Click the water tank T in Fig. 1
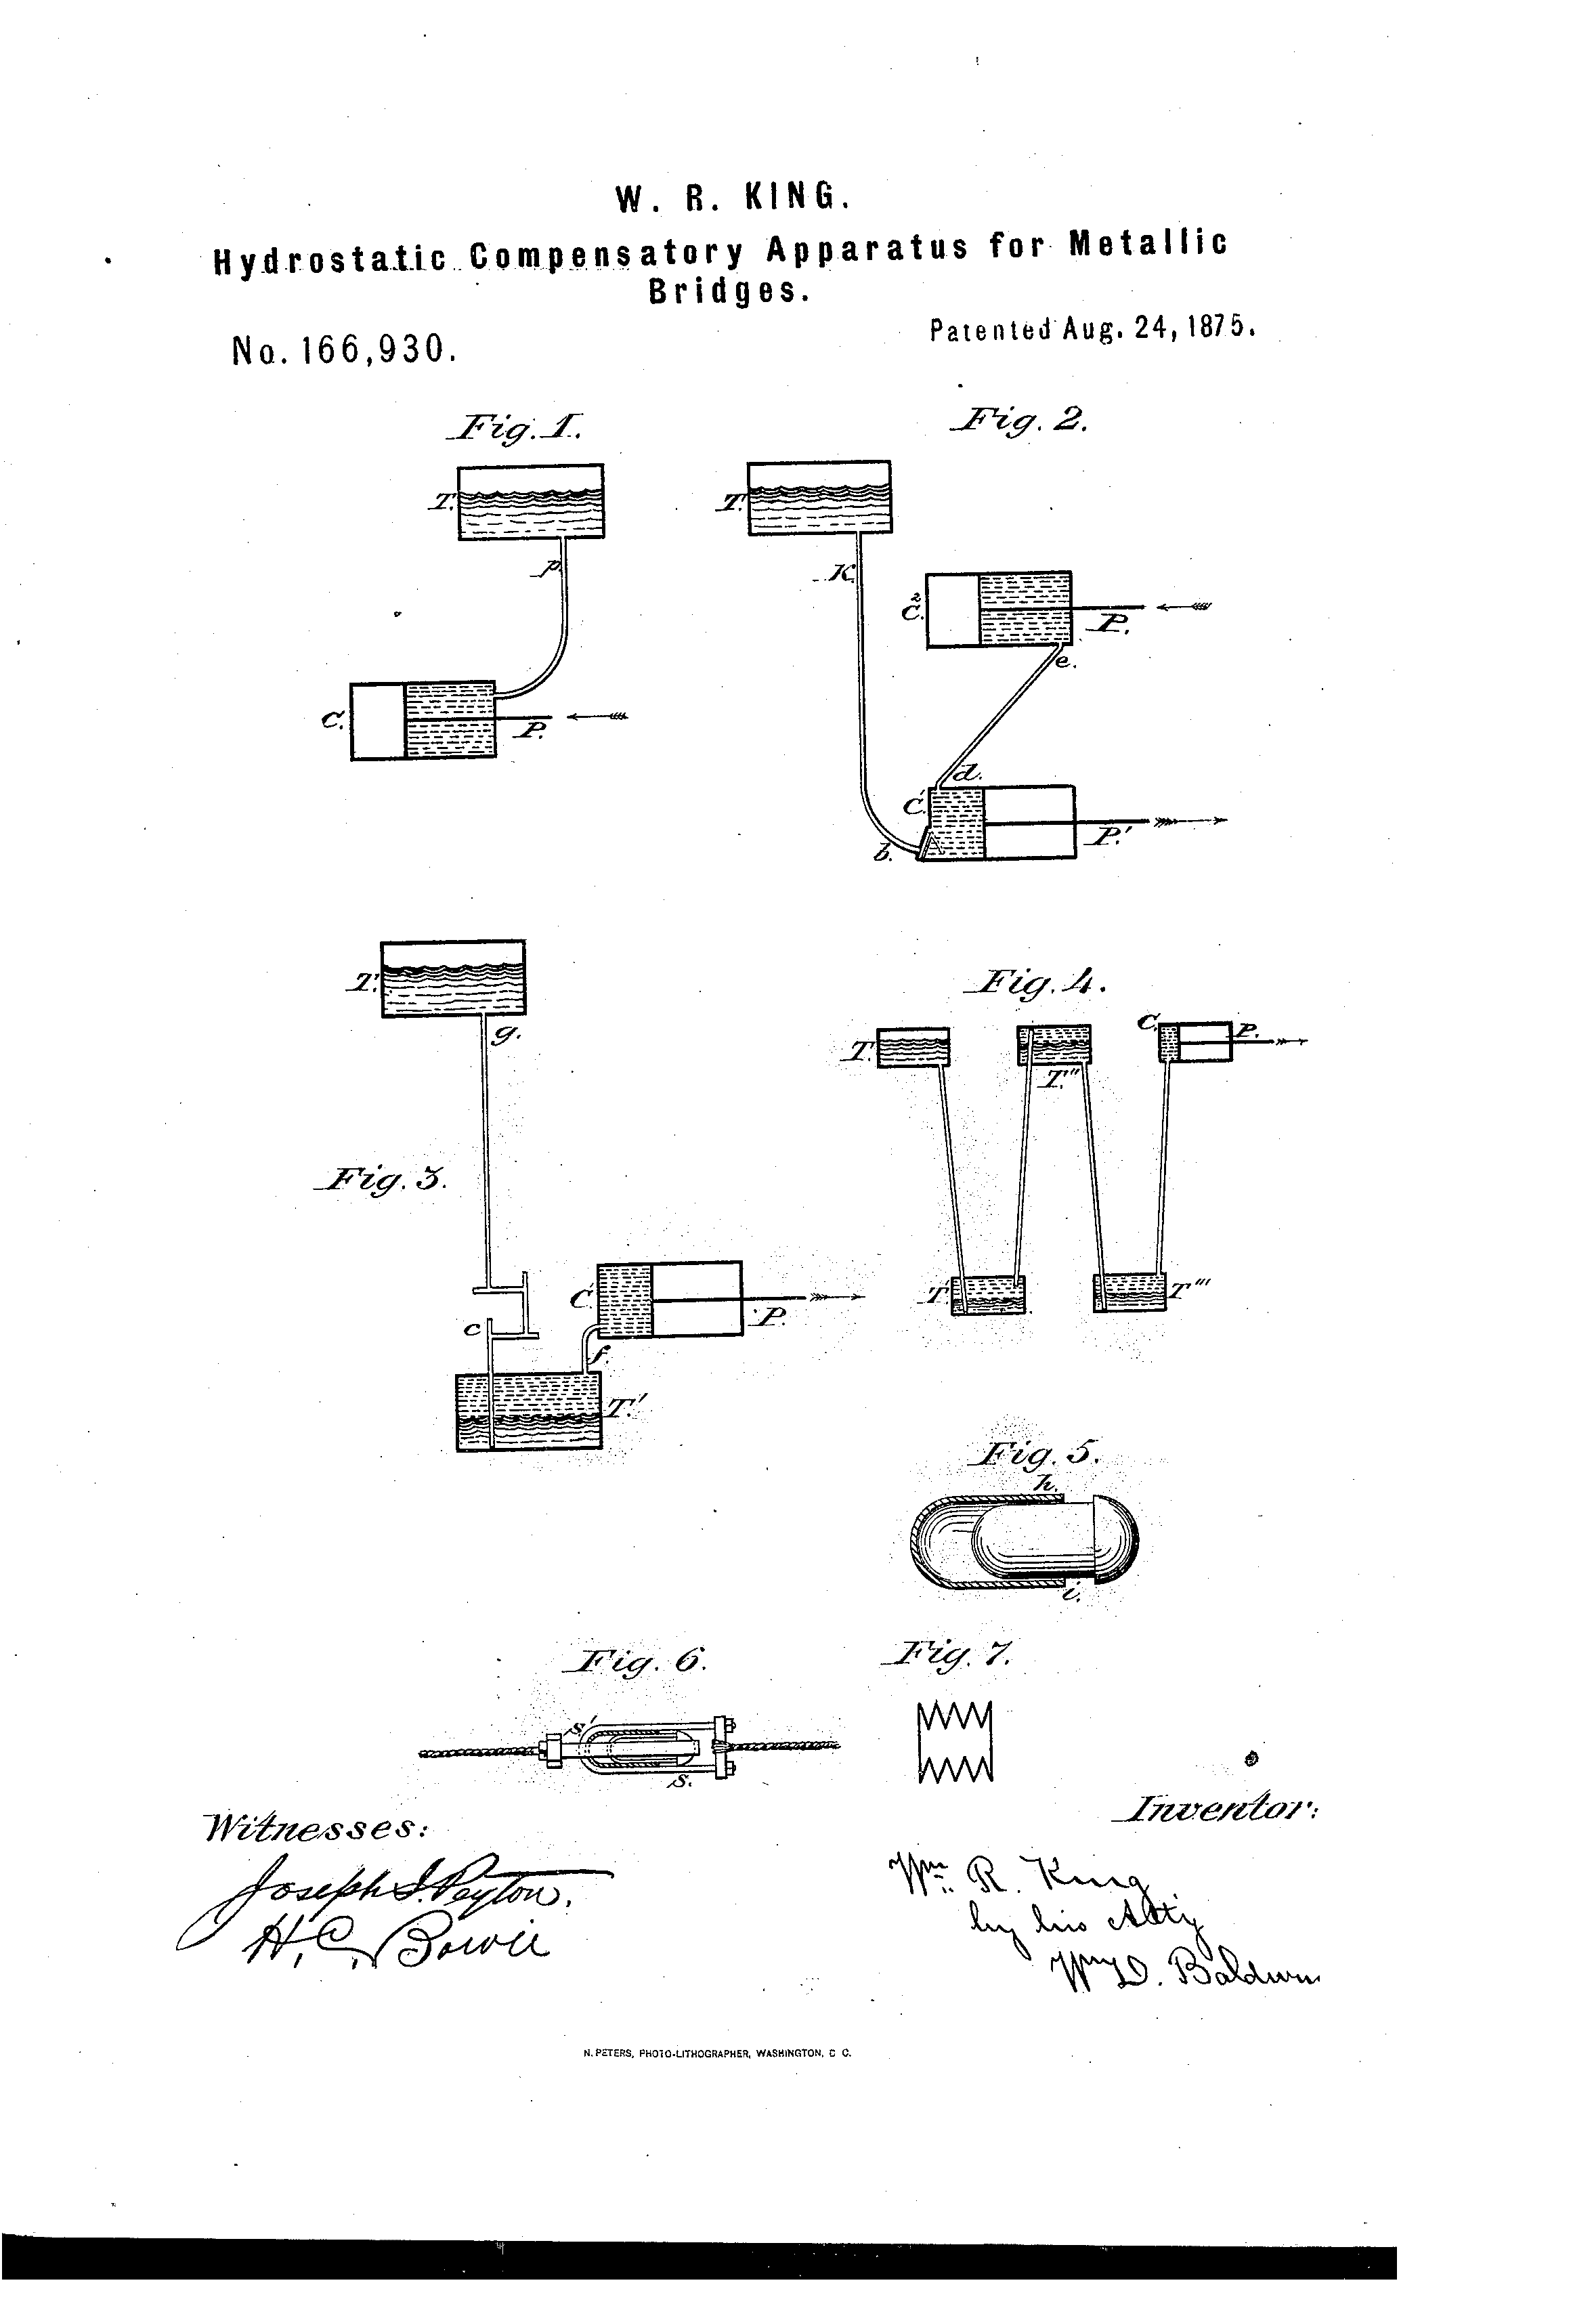point(530,503)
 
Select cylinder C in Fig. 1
point(422,721)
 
